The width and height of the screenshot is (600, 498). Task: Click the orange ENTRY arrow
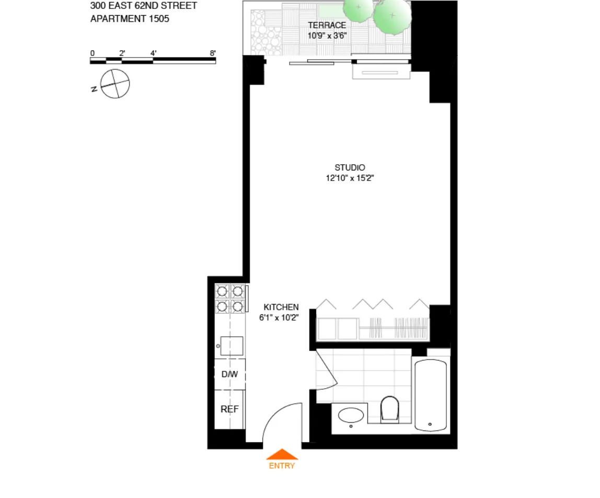click(282, 454)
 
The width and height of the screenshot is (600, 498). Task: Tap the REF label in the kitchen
click(229, 409)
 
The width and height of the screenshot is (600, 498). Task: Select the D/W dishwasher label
click(229, 374)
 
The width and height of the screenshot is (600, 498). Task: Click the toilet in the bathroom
click(389, 408)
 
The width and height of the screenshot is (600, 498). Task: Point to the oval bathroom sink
click(351, 416)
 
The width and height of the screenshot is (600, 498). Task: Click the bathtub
click(431, 394)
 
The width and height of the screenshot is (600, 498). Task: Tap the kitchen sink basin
click(232, 346)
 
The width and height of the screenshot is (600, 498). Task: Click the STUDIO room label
click(350, 168)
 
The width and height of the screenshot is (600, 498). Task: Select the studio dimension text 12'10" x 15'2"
click(350, 178)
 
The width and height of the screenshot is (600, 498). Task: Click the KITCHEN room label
click(281, 307)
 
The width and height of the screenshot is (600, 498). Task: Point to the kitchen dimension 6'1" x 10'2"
click(279, 318)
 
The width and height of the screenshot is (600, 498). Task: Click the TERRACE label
click(327, 25)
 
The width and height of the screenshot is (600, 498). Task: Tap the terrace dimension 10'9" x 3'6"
click(327, 36)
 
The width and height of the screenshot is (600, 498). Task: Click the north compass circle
click(115, 84)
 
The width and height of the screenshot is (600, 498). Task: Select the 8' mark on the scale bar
click(213, 53)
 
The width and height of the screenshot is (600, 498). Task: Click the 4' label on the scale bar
click(153, 53)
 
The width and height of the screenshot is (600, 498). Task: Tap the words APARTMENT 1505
click(130, 19)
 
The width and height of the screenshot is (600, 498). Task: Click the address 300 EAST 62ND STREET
click(144, 6)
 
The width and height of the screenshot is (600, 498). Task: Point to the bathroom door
click(326, 369)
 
